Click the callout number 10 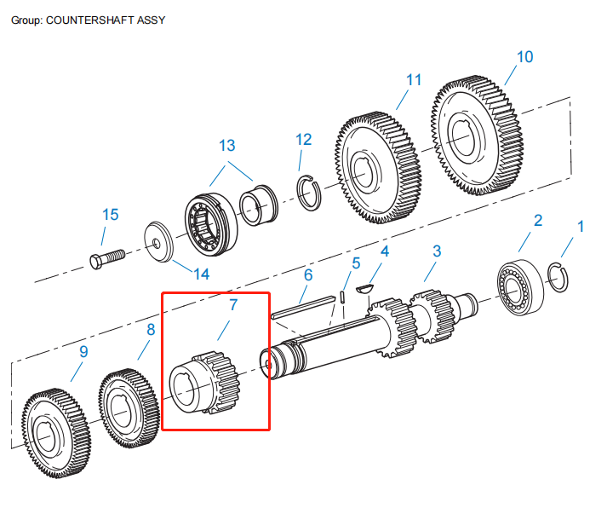click(524, 57)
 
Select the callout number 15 click(111, 214)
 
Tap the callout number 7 click(233, 303)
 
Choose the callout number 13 click(226, 146)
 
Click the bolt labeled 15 click(106, 257)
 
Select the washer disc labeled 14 click(158, 243)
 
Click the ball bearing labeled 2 click(519, 284)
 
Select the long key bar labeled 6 click(303, 305)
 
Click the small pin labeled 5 click(341, 297)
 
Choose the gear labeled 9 click(56, 430)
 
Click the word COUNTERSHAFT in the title click(92, 19)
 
